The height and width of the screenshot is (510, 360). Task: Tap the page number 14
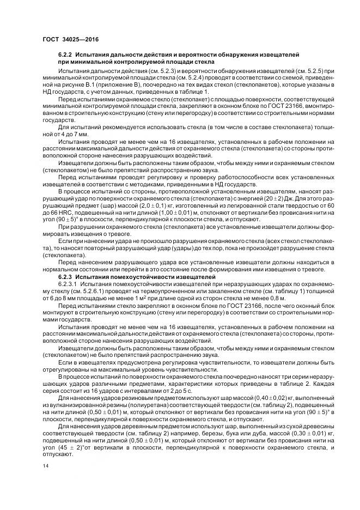[46, 466]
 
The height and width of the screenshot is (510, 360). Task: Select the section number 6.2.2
[66, 55]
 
